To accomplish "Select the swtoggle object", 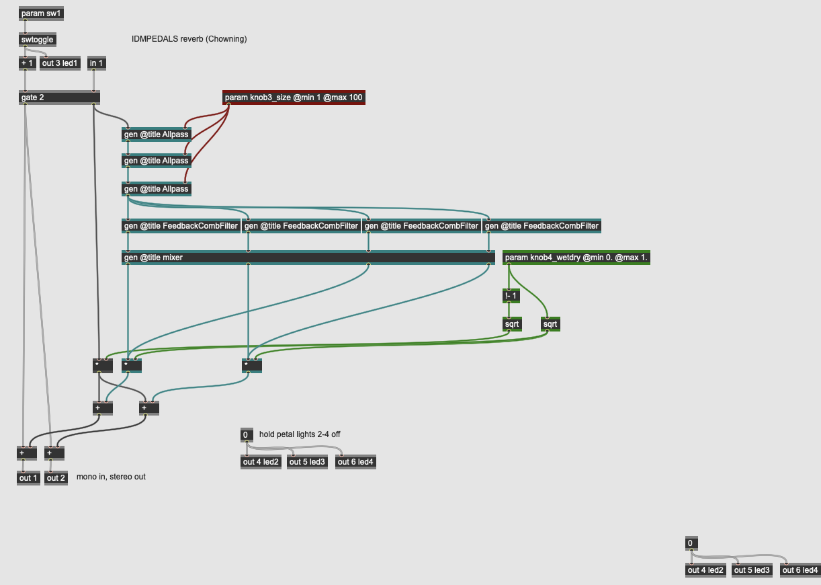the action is [x=37, y=40].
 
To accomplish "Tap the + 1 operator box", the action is [x=27, y=63].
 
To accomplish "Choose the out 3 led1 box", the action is [x=60, y=63].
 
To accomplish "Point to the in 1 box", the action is [x=96, y=63].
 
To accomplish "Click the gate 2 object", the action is [x=59, y=97].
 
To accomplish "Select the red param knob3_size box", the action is [x=294, y=98].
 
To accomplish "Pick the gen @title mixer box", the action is [x=308, y=257].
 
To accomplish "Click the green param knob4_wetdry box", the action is [x=576, y=257].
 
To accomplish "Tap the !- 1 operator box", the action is [x=511, y=296].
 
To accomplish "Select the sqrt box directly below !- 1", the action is [x=512, y=324].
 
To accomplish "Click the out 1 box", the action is [x=29, y=478].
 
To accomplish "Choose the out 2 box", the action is [x=56, y=478].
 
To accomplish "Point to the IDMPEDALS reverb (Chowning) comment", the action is [x=189, y=39].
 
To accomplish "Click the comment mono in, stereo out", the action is [x=111, y=477].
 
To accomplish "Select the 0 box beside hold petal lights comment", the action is [x=247, y=435].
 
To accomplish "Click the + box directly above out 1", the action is [x=27, y=453].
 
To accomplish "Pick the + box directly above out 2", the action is [x=54, y=453].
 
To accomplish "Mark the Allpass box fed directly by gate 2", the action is [x=157, y=134].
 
